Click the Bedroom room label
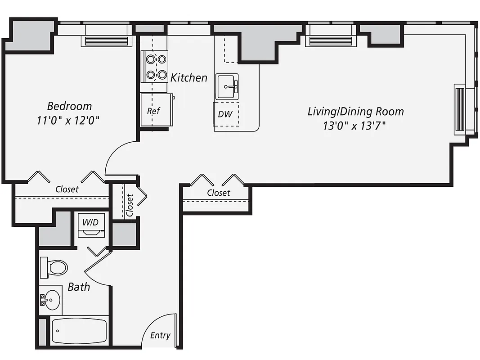coord(69,106)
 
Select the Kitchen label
coord(189,78)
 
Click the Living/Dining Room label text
coord(355,111)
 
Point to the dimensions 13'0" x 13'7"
coord(354,126)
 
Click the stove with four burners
coord(155,66)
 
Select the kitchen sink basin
coord(228,86)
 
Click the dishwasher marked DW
coord(226,114)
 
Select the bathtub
coord(79,331)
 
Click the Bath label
coord(79,287)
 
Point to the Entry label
coord(160,335)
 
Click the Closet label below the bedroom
coord(67,189)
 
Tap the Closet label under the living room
coord(219,193)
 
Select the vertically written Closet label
coord(130,205)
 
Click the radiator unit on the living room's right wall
coord(460,109)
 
